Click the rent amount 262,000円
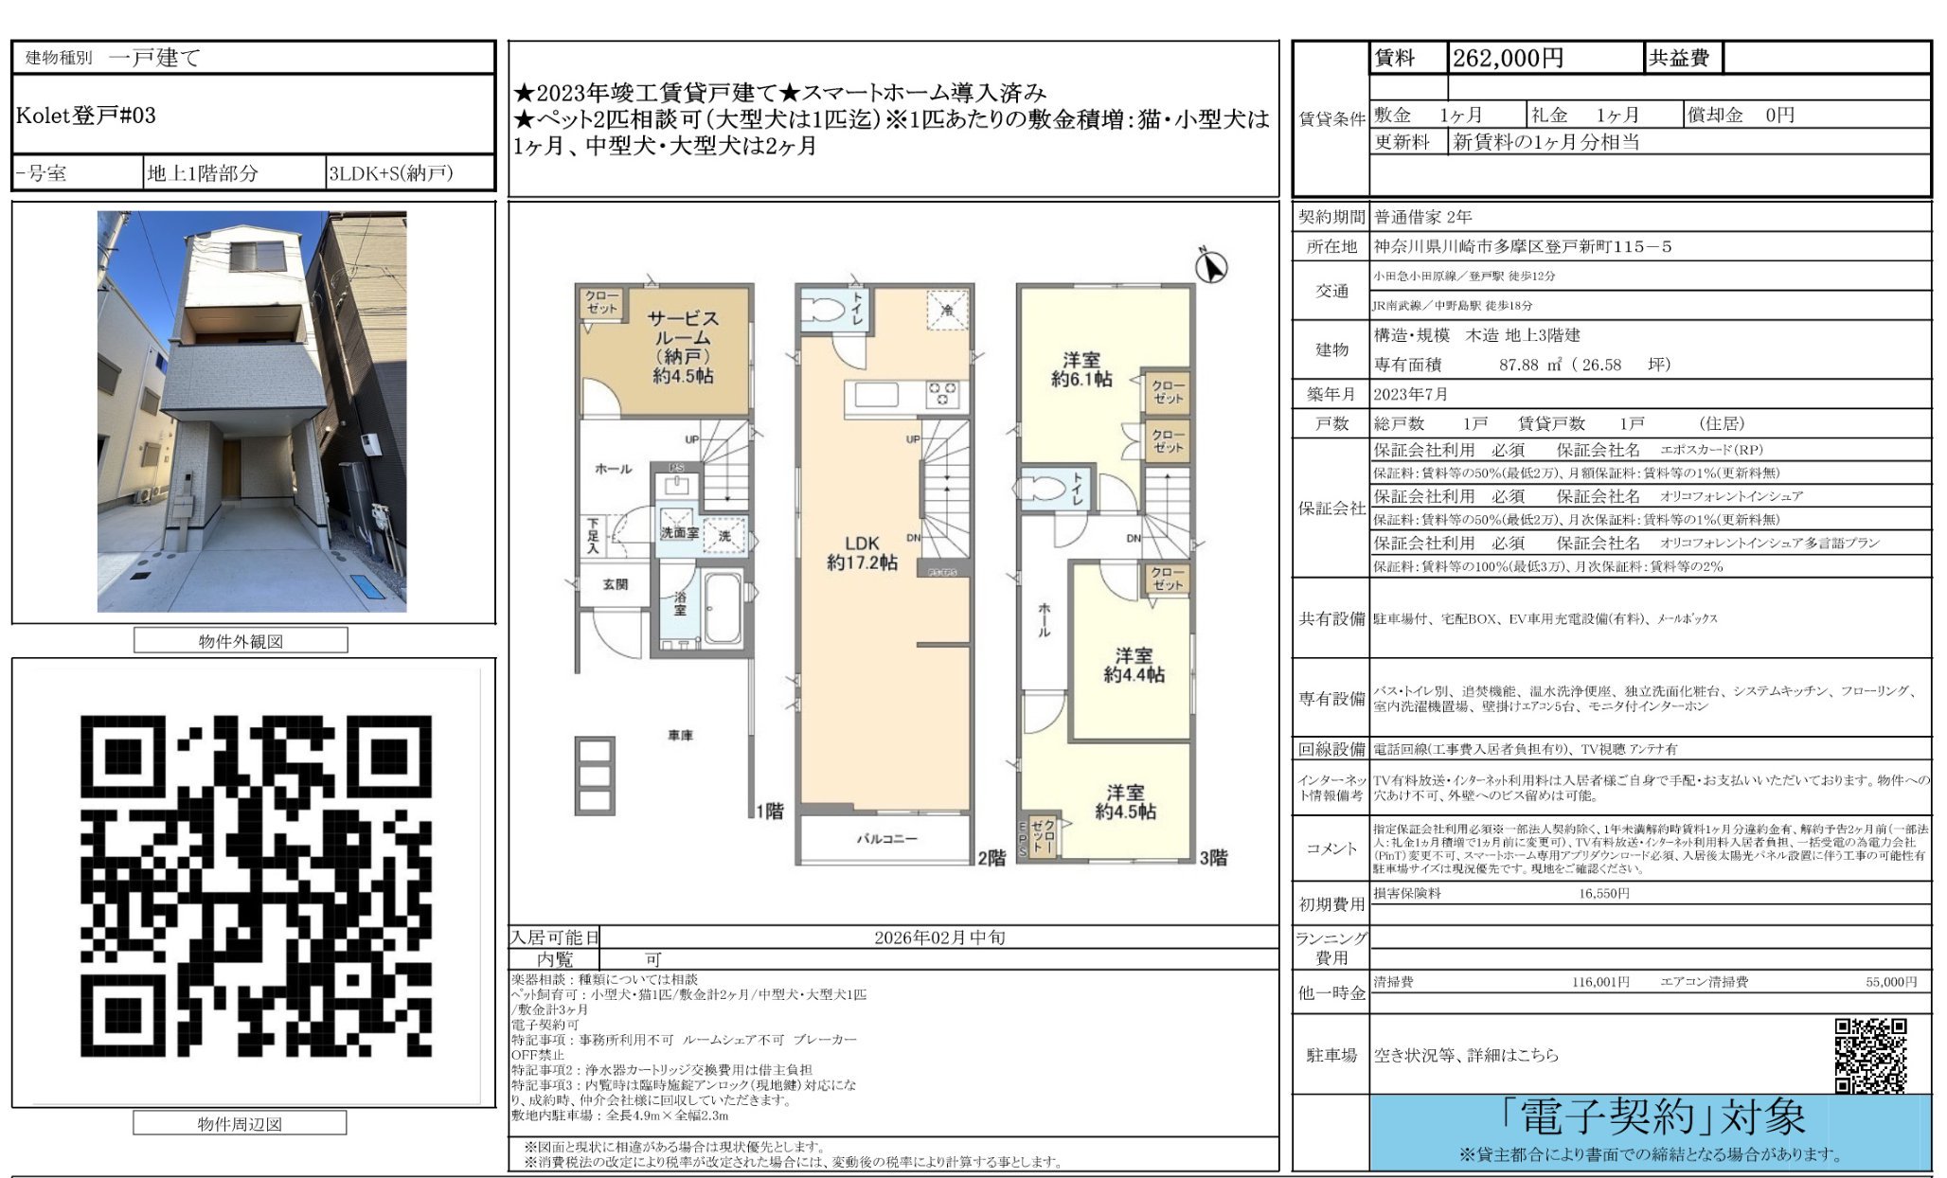tap(1508, 59)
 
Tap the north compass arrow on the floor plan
tap(1210, 267)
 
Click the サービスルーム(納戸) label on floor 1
tap(683, 347)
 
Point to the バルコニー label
tap(886, 839)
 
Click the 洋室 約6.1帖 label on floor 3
tap(1081, 369)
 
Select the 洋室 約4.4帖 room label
tap(1134, 665)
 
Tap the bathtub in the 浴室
tap(723, 608)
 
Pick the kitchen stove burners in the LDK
tap(942, 393)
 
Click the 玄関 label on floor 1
tap(616, 584)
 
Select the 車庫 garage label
tap(680, 735)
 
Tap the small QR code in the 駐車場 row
tap(1870, 1055)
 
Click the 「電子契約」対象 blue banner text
tap(1652, 1118)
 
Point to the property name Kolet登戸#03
tap(86, 116)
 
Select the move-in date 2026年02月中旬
tap(939, 937)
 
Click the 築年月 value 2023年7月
tap(1410, 394)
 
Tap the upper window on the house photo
tap(257, 257)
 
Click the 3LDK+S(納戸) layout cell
tap(391, 173)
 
